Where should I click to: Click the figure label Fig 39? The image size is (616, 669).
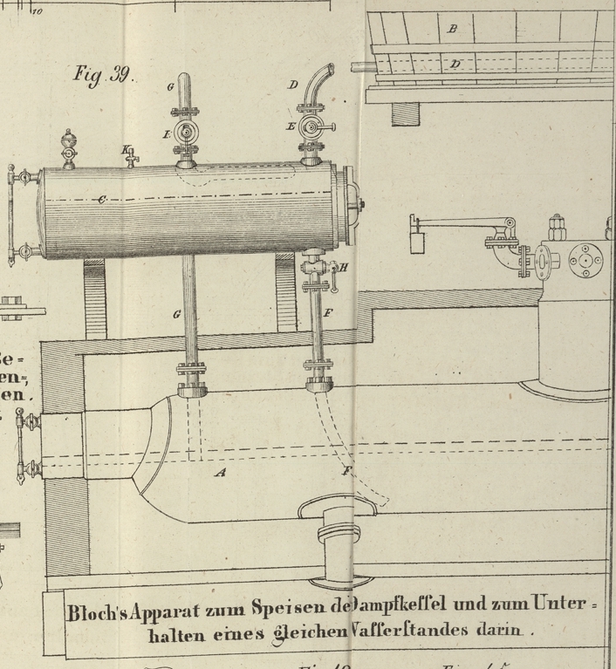103,73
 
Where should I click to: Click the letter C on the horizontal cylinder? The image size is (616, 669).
102,201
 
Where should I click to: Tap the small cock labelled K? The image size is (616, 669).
131,157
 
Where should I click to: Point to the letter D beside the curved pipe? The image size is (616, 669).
293,85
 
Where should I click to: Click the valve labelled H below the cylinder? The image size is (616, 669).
317,270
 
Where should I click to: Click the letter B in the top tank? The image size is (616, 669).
452,29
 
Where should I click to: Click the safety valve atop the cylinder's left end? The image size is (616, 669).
68,147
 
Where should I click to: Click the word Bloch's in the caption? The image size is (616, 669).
94,611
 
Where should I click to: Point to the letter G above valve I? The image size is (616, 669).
171,86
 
